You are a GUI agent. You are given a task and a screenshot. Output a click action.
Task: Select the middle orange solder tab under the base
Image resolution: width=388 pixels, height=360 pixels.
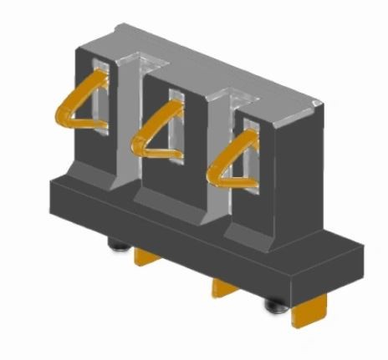tap(225, 288)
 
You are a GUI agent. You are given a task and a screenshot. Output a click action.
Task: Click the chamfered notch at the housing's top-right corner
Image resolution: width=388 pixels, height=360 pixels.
tap(316, 101)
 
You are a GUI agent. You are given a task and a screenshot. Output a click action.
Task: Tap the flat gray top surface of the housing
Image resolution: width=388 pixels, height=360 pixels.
tap(209, 63)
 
